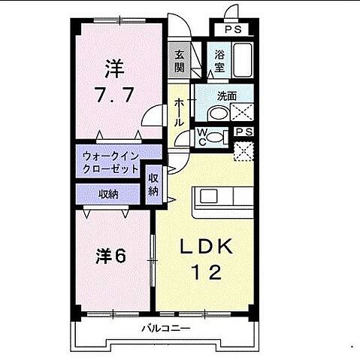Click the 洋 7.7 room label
[x=113, y=83]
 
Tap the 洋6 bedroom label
[x=110, y=256]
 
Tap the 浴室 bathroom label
[x=220, y=60]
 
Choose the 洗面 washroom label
[x=228, y=96]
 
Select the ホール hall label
[x=180, y=111]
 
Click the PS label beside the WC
[x=244, y=132]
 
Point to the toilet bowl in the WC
[x=218, y=138]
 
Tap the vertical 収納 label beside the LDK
[x=153, y=184]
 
